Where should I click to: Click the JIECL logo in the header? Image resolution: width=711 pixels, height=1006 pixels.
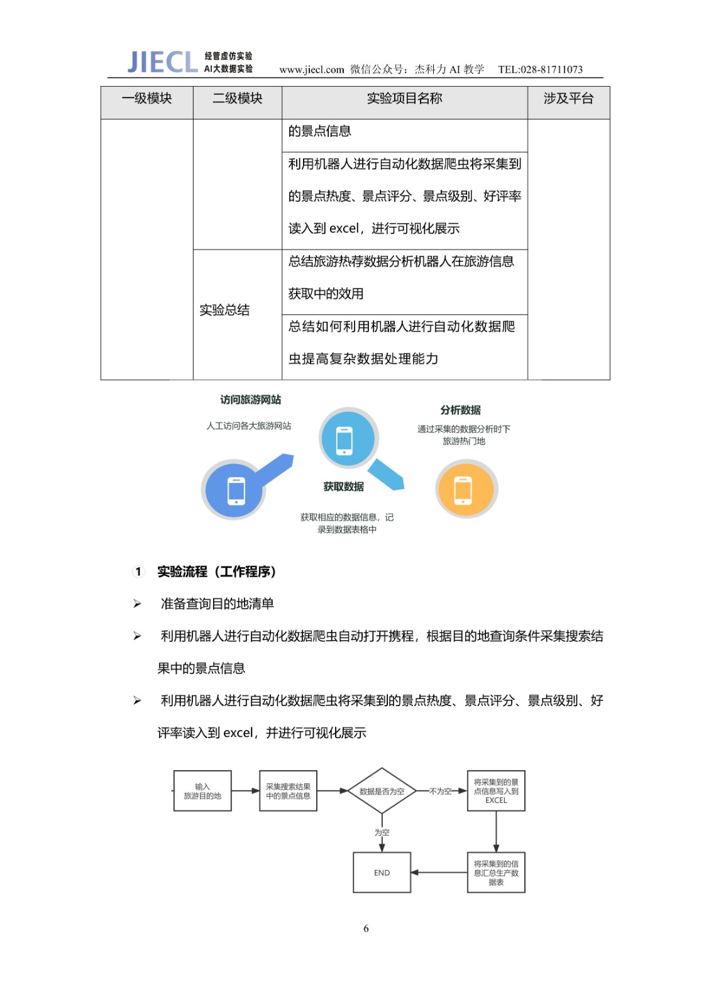point(162,62)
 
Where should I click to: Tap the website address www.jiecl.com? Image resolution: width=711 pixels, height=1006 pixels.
point(311,69)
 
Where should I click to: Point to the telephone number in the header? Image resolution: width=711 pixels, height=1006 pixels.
point(540,69)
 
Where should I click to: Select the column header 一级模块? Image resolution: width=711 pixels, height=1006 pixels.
point(146,99)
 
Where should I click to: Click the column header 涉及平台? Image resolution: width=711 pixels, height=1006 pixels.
point(568,99)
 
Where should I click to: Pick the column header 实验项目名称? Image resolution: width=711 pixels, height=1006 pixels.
point(404,99)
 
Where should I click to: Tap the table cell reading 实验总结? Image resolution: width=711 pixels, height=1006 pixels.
point(224,310)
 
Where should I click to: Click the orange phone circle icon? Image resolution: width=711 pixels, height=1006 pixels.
point(466,489)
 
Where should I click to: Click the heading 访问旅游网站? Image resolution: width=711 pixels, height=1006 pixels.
point(250,400)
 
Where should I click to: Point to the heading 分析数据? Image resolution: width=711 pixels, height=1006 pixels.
point(460,410)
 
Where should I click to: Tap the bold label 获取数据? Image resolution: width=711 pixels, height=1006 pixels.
point(343,487)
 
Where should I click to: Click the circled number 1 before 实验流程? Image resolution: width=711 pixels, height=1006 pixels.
point(138,572)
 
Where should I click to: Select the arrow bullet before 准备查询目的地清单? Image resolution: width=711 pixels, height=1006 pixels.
point(137,604)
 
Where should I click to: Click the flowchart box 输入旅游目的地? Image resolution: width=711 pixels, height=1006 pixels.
point(202,791)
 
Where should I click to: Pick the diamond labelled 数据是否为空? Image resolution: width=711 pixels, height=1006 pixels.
point(382,791)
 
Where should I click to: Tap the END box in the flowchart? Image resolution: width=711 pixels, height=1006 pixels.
point(382,873)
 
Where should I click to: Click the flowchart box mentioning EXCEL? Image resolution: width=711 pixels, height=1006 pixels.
point(496,791)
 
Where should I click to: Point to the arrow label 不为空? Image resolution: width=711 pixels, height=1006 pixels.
point(440,791)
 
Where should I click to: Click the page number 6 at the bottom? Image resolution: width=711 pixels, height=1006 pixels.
point(366,929)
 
